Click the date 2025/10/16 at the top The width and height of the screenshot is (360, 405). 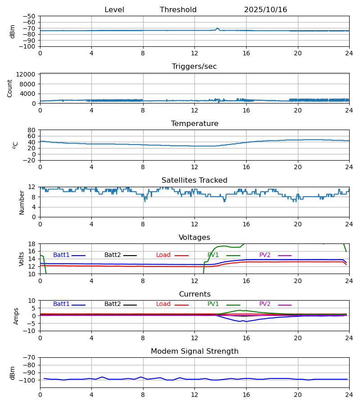(x=265, y=10)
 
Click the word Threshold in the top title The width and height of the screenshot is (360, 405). (x=178, y=10)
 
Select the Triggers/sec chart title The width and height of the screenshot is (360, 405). (x=194, y=67)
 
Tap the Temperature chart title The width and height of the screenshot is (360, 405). (x=194, y=124)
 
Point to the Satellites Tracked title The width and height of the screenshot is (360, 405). (x=194, y=180)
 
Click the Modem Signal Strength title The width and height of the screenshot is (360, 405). (x=194, y=351)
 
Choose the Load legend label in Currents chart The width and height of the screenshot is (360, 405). (x=163, y=304)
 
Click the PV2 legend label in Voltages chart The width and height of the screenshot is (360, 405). (x=265, y=255)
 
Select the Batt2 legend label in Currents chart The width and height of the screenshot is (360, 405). (x=112, y=304)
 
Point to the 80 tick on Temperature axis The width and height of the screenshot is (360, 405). (x=32, y=130)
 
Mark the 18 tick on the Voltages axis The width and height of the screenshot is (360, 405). (x=32, y=244)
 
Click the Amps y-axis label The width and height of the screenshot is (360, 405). (x=16, y=316)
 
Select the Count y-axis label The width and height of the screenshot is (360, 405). (x=10, y=88)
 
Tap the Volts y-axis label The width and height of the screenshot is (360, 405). (x=22, y=259)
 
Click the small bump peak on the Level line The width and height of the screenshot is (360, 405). (x=217, y=28)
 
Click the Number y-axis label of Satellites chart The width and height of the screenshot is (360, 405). (x=22, y=202)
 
